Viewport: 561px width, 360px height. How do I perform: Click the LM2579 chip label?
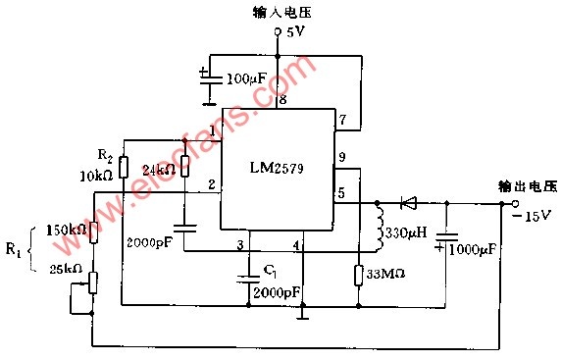277,168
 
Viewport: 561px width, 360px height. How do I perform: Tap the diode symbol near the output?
408,203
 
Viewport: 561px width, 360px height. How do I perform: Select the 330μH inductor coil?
380,228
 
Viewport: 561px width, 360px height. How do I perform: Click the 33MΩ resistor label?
385,274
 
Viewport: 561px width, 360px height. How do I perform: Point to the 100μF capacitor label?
246,78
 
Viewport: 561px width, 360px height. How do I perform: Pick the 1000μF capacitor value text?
473,249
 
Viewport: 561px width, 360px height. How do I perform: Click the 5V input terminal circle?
278,31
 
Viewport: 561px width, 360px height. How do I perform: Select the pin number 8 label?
283,99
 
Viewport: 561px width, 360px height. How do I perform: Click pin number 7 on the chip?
342,119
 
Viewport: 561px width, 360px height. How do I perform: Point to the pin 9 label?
342,157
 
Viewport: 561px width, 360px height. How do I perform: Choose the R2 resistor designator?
105,155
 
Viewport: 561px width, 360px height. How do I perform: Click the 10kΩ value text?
96,176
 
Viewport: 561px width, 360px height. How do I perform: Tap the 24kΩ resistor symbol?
184,167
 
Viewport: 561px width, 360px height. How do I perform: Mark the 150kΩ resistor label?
67,231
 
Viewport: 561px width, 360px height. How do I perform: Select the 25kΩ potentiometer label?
66,269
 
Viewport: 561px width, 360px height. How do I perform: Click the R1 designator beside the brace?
13,249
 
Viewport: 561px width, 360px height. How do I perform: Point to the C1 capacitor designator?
270,272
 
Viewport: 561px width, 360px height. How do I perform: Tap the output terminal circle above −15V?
515,203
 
